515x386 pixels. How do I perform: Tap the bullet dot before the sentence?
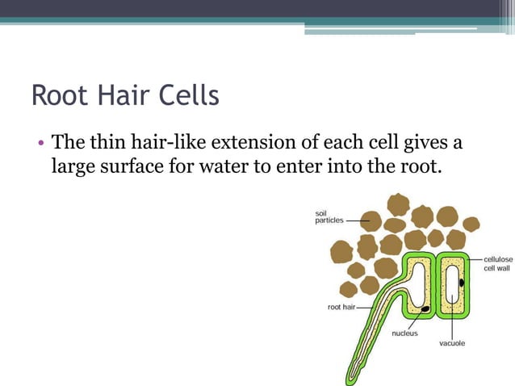pyautogui.click(x=39, y=145)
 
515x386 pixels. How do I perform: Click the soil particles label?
pyautogui.click(x=329, y=216)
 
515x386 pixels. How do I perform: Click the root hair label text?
pyautogui.click(x=341, y=307)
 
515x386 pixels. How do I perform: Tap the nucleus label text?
pyautogui.click(x=404, y=334)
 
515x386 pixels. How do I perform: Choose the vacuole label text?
pyautogui.click(x=452, y=343)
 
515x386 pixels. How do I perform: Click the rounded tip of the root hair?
pyautogui.click(x=350, y=380)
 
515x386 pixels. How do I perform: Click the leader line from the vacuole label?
pyautogui.click(x=452, y=323)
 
